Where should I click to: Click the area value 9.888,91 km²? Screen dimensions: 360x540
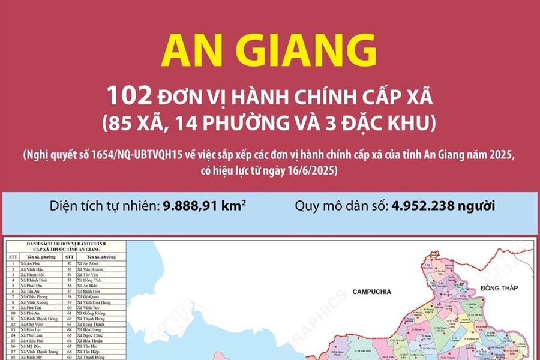coord(205,206)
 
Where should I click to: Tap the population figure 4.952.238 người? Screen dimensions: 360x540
coord(443,206)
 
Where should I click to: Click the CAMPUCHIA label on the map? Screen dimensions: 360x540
coord(371,292)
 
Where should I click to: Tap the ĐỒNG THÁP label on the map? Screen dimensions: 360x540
coord(498,288)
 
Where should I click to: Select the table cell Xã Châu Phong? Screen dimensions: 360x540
coord(34,296)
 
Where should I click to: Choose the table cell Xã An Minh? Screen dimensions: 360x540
coord(89,263)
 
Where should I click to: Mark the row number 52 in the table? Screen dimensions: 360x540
coord(70,263)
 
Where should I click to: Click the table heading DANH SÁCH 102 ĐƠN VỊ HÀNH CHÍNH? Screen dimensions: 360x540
coord(66,243)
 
